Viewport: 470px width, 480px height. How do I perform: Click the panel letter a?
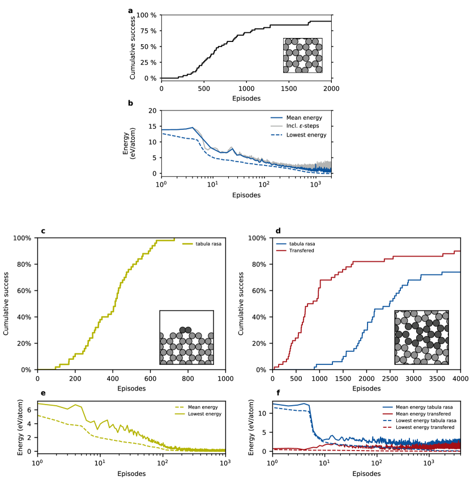click(x=131, y=10)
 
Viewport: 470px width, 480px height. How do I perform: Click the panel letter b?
click(x=131, y=103)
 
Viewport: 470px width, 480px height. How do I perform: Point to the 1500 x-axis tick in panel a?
click(x=289, y=88)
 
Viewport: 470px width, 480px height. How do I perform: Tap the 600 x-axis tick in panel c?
click(x=150, y=379)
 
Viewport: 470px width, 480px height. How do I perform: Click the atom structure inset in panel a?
click(x=303, y=56)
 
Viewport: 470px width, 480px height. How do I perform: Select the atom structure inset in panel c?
click(x=187, y=337)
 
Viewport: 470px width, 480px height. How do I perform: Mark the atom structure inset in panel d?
click(x=421, y=337)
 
